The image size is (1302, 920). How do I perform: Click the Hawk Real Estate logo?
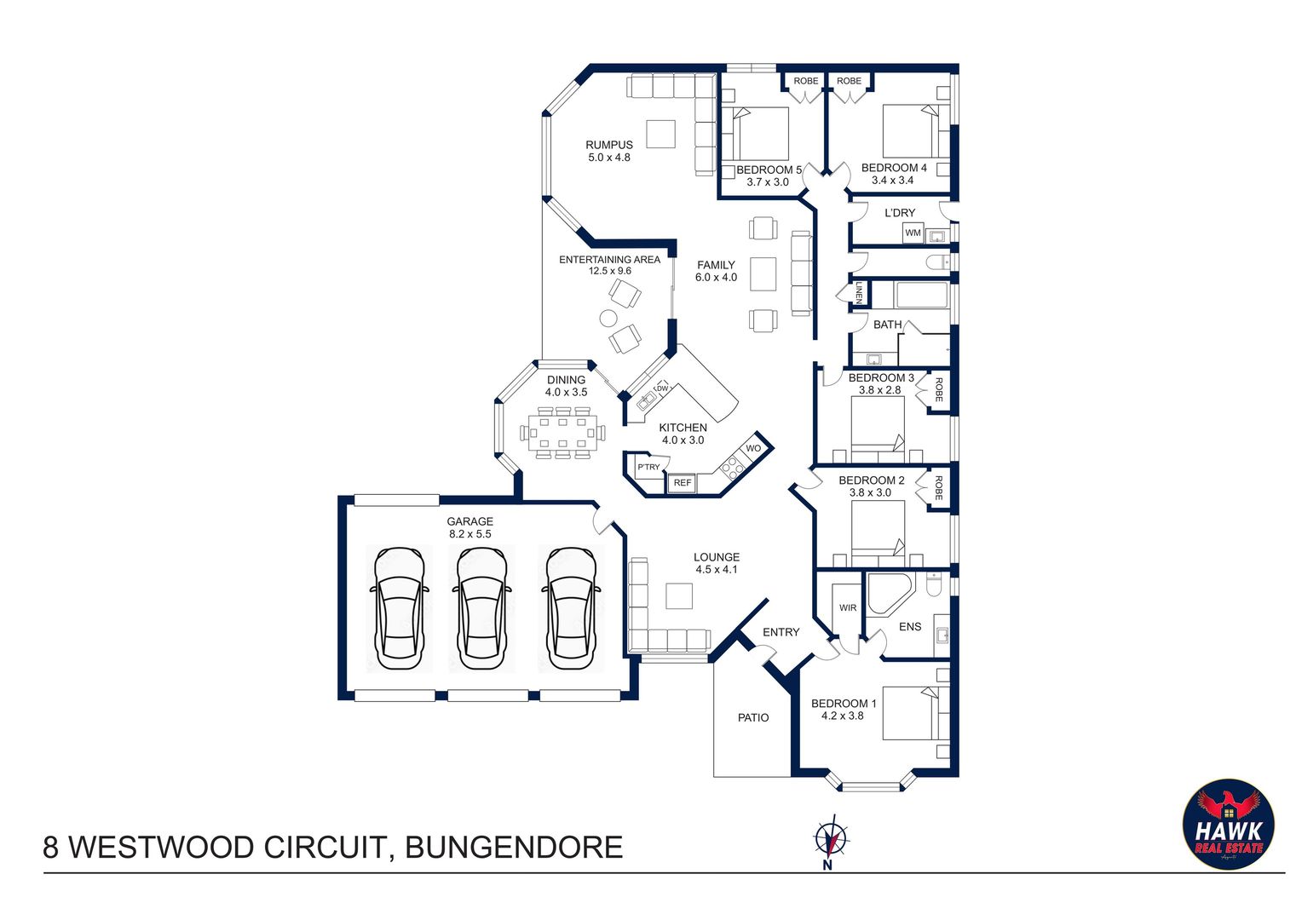coord(1228,824)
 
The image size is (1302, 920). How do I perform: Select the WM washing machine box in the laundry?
coord(913,233)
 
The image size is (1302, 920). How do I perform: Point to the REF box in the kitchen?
coord(683,483)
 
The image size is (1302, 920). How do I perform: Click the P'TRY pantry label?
coord(648,467)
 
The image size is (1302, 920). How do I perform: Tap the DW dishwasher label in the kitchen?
coord(662,388)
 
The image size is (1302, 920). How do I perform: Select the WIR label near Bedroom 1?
coord(848,607)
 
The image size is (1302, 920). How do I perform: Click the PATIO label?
coord(753,718)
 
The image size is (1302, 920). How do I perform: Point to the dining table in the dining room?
coord(562,433)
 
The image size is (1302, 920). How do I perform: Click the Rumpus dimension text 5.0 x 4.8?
coord(609,158)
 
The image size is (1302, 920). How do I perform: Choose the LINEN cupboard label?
coord(859,293)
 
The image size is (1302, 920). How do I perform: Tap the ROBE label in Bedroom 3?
coord(939,390)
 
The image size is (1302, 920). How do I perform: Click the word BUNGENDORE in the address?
coord(514,848)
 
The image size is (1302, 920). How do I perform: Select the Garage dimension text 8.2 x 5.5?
coord(470,534)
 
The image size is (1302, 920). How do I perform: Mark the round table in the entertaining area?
coord(608,318)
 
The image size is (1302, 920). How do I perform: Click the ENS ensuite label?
coord(910,626)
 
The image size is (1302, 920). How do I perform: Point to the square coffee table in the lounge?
coord(679,595)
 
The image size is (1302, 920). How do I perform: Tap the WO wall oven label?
coord(753,448)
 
